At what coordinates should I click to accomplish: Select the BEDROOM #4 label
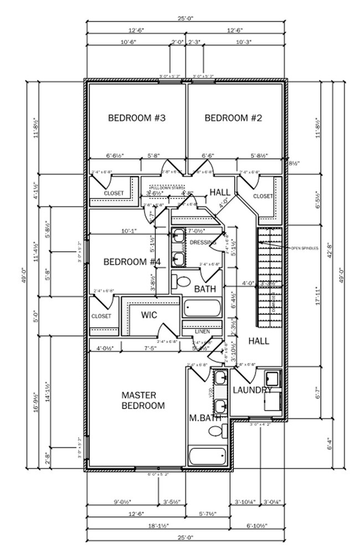tap(132, 262)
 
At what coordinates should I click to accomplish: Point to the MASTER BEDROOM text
tap(143, 400)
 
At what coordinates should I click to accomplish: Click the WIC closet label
tap(149, 315)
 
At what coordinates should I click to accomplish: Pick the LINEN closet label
tap(202, 331)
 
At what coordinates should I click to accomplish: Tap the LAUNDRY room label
tap(252, 390)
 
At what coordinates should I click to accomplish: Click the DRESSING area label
tap(203, 243)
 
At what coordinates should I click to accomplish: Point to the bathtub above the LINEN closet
tap(202, 308)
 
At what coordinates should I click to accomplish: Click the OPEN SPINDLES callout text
tap(304, 248)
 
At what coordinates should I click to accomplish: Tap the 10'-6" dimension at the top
tap(128, 42)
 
